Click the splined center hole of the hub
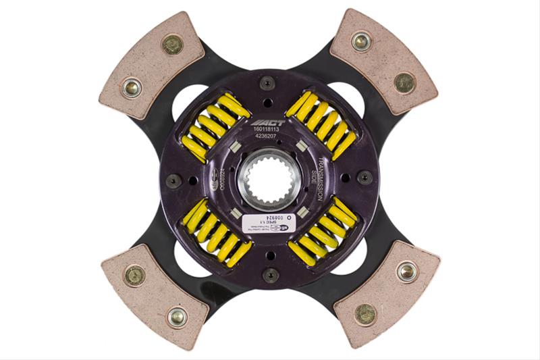pos(269,181)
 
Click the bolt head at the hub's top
pos(269,82)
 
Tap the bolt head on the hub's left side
pos(173,181)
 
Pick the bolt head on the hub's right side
pos(365,177)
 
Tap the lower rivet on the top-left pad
pos(132,86)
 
